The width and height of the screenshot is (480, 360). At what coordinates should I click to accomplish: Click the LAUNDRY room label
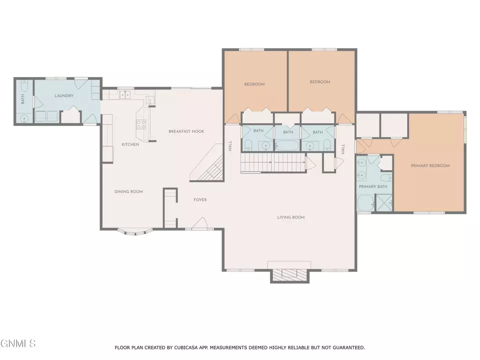pyautogui.click(x=64, y=95)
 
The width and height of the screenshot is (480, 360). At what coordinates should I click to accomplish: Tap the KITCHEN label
pyautogui.click(x=130, y=144)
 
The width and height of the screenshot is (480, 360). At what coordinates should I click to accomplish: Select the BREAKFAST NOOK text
pyautogui.click(x=186, y=131)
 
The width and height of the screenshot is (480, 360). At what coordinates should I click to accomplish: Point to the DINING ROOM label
pyautogui.click(x=128, y=191)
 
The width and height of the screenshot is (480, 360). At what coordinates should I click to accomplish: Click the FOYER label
pyautogui.click(x=200, y=199)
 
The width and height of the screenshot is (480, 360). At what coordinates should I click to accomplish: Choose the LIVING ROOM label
pyautogui.click(x=291, y=217)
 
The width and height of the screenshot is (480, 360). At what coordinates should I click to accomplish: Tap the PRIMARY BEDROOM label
pyautogui.click(x=430, y=165)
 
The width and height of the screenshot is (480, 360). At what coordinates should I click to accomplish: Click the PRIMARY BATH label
pyautogui.click(x=373, y=186)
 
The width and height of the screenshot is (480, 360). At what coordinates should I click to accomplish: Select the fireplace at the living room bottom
pyautogui.click(x=289, y=274)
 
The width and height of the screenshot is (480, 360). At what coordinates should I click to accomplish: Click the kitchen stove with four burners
pyautogui.click(x=141, y=124)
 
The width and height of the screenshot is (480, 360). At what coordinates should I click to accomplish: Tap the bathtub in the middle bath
pyautogui.click(x=287, y=145)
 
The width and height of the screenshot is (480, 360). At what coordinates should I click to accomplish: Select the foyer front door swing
pyautogui.click(x=200, y=223)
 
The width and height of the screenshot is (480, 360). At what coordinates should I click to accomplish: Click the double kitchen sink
pyautogui.click(x=125, y=94)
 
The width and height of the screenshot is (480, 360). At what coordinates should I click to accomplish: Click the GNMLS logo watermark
pyautogui.click(x=18, y=343)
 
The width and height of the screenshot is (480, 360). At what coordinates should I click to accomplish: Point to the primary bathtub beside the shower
pyautogui.click(x=366, y=203)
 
